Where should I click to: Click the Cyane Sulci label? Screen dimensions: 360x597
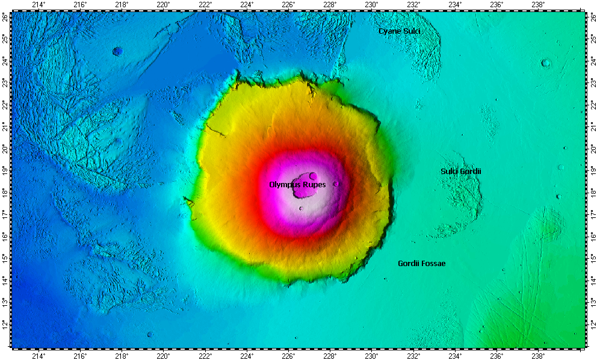399,31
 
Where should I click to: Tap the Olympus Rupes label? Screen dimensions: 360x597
297,184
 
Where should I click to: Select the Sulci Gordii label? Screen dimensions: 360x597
461,172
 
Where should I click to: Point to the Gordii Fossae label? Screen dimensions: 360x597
422,264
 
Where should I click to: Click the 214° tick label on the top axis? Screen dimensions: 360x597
39,5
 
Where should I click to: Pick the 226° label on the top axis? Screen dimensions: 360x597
288,5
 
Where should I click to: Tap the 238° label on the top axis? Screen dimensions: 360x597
538,5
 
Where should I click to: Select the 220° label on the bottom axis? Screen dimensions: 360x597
164,355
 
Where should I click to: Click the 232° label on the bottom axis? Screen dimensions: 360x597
413,355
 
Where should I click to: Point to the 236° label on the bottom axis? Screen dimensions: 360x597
496,355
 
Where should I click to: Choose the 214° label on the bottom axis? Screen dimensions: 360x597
39,355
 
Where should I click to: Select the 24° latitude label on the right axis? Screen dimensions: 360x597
592,61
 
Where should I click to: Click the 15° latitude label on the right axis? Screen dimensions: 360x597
592,258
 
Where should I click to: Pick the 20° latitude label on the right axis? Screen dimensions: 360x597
592,149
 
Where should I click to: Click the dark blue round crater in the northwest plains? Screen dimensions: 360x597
117,51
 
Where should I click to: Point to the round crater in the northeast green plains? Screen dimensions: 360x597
546,63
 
